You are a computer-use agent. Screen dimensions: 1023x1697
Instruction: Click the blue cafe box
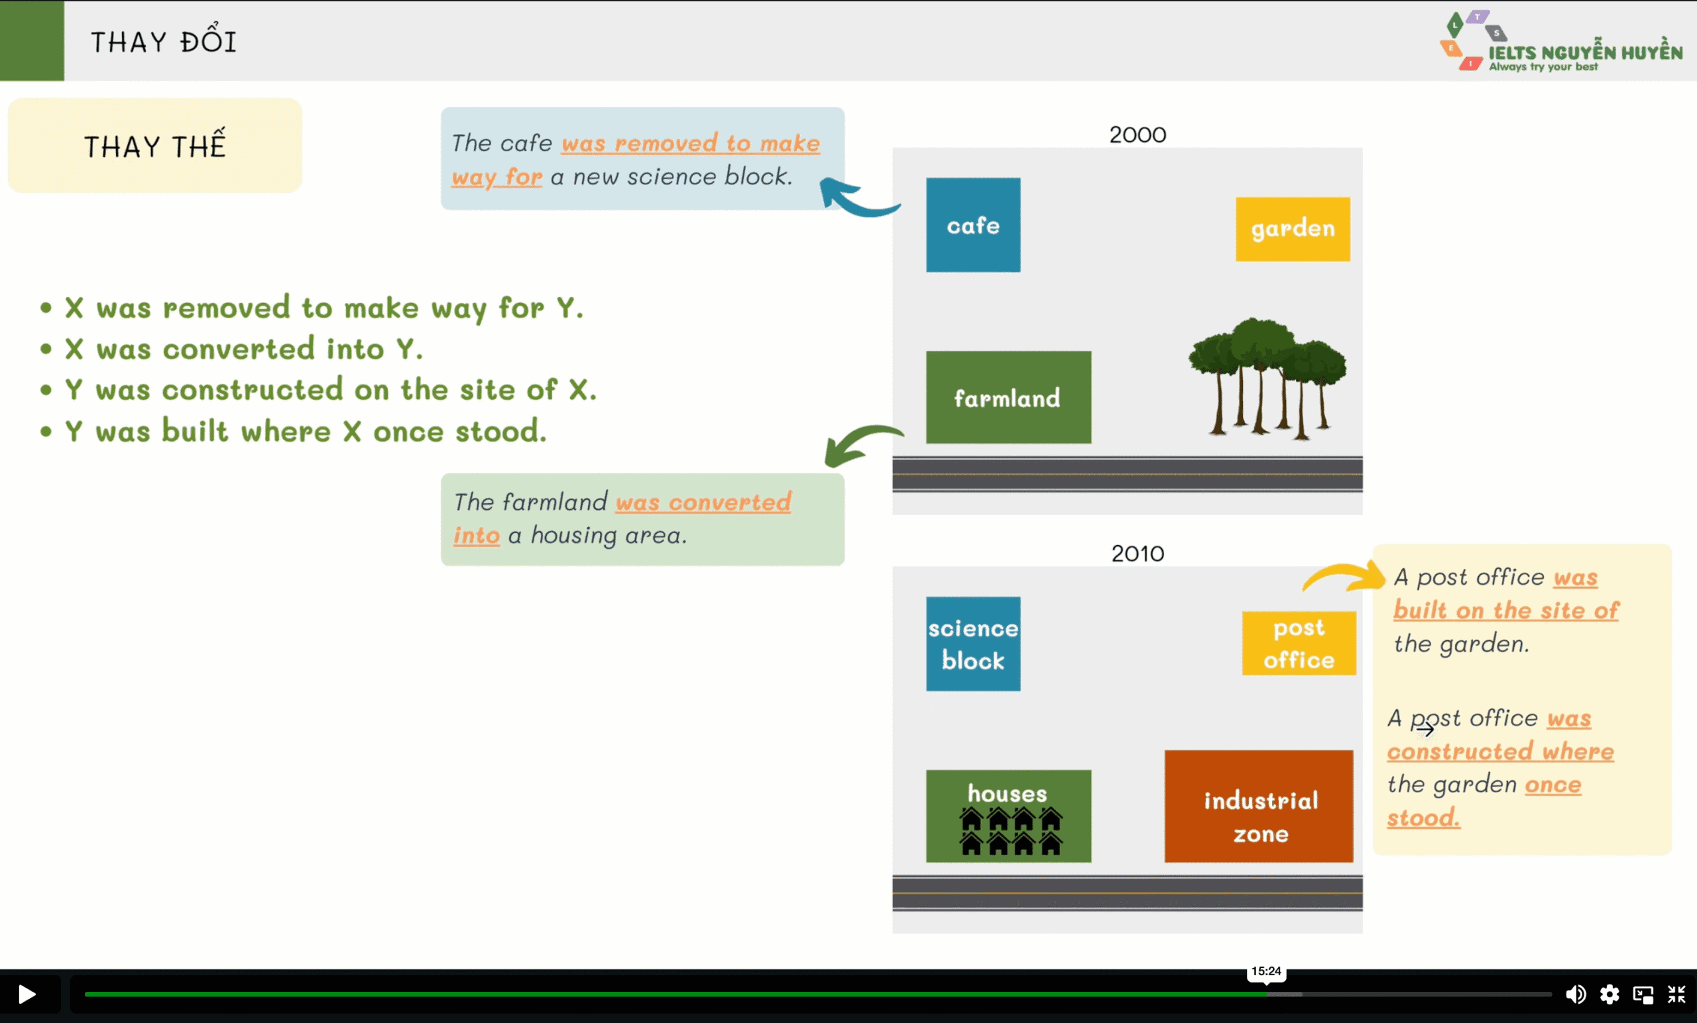972,225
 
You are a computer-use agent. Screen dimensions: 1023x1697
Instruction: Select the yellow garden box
1292,229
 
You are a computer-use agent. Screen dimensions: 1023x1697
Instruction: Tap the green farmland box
1008,398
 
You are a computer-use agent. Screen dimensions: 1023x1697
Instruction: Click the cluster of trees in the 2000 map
1266,375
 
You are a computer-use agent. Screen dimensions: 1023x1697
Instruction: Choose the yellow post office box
1298,642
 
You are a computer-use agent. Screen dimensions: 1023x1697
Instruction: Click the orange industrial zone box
1258,806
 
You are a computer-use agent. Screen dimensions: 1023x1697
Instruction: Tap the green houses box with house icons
1008,816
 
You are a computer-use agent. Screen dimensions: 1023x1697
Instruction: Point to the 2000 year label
1137,135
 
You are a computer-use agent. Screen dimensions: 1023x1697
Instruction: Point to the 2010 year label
1137,553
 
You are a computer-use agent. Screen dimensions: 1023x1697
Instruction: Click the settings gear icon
1609,994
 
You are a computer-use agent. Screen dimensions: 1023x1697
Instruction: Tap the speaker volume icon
1574,994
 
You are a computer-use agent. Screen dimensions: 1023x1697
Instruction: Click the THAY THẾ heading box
155,145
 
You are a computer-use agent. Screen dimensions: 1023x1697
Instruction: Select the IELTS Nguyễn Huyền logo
1559,42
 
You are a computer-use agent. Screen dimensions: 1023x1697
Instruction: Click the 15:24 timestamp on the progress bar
1266,971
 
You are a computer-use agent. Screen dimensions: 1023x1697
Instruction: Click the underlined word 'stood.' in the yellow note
1423,817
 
